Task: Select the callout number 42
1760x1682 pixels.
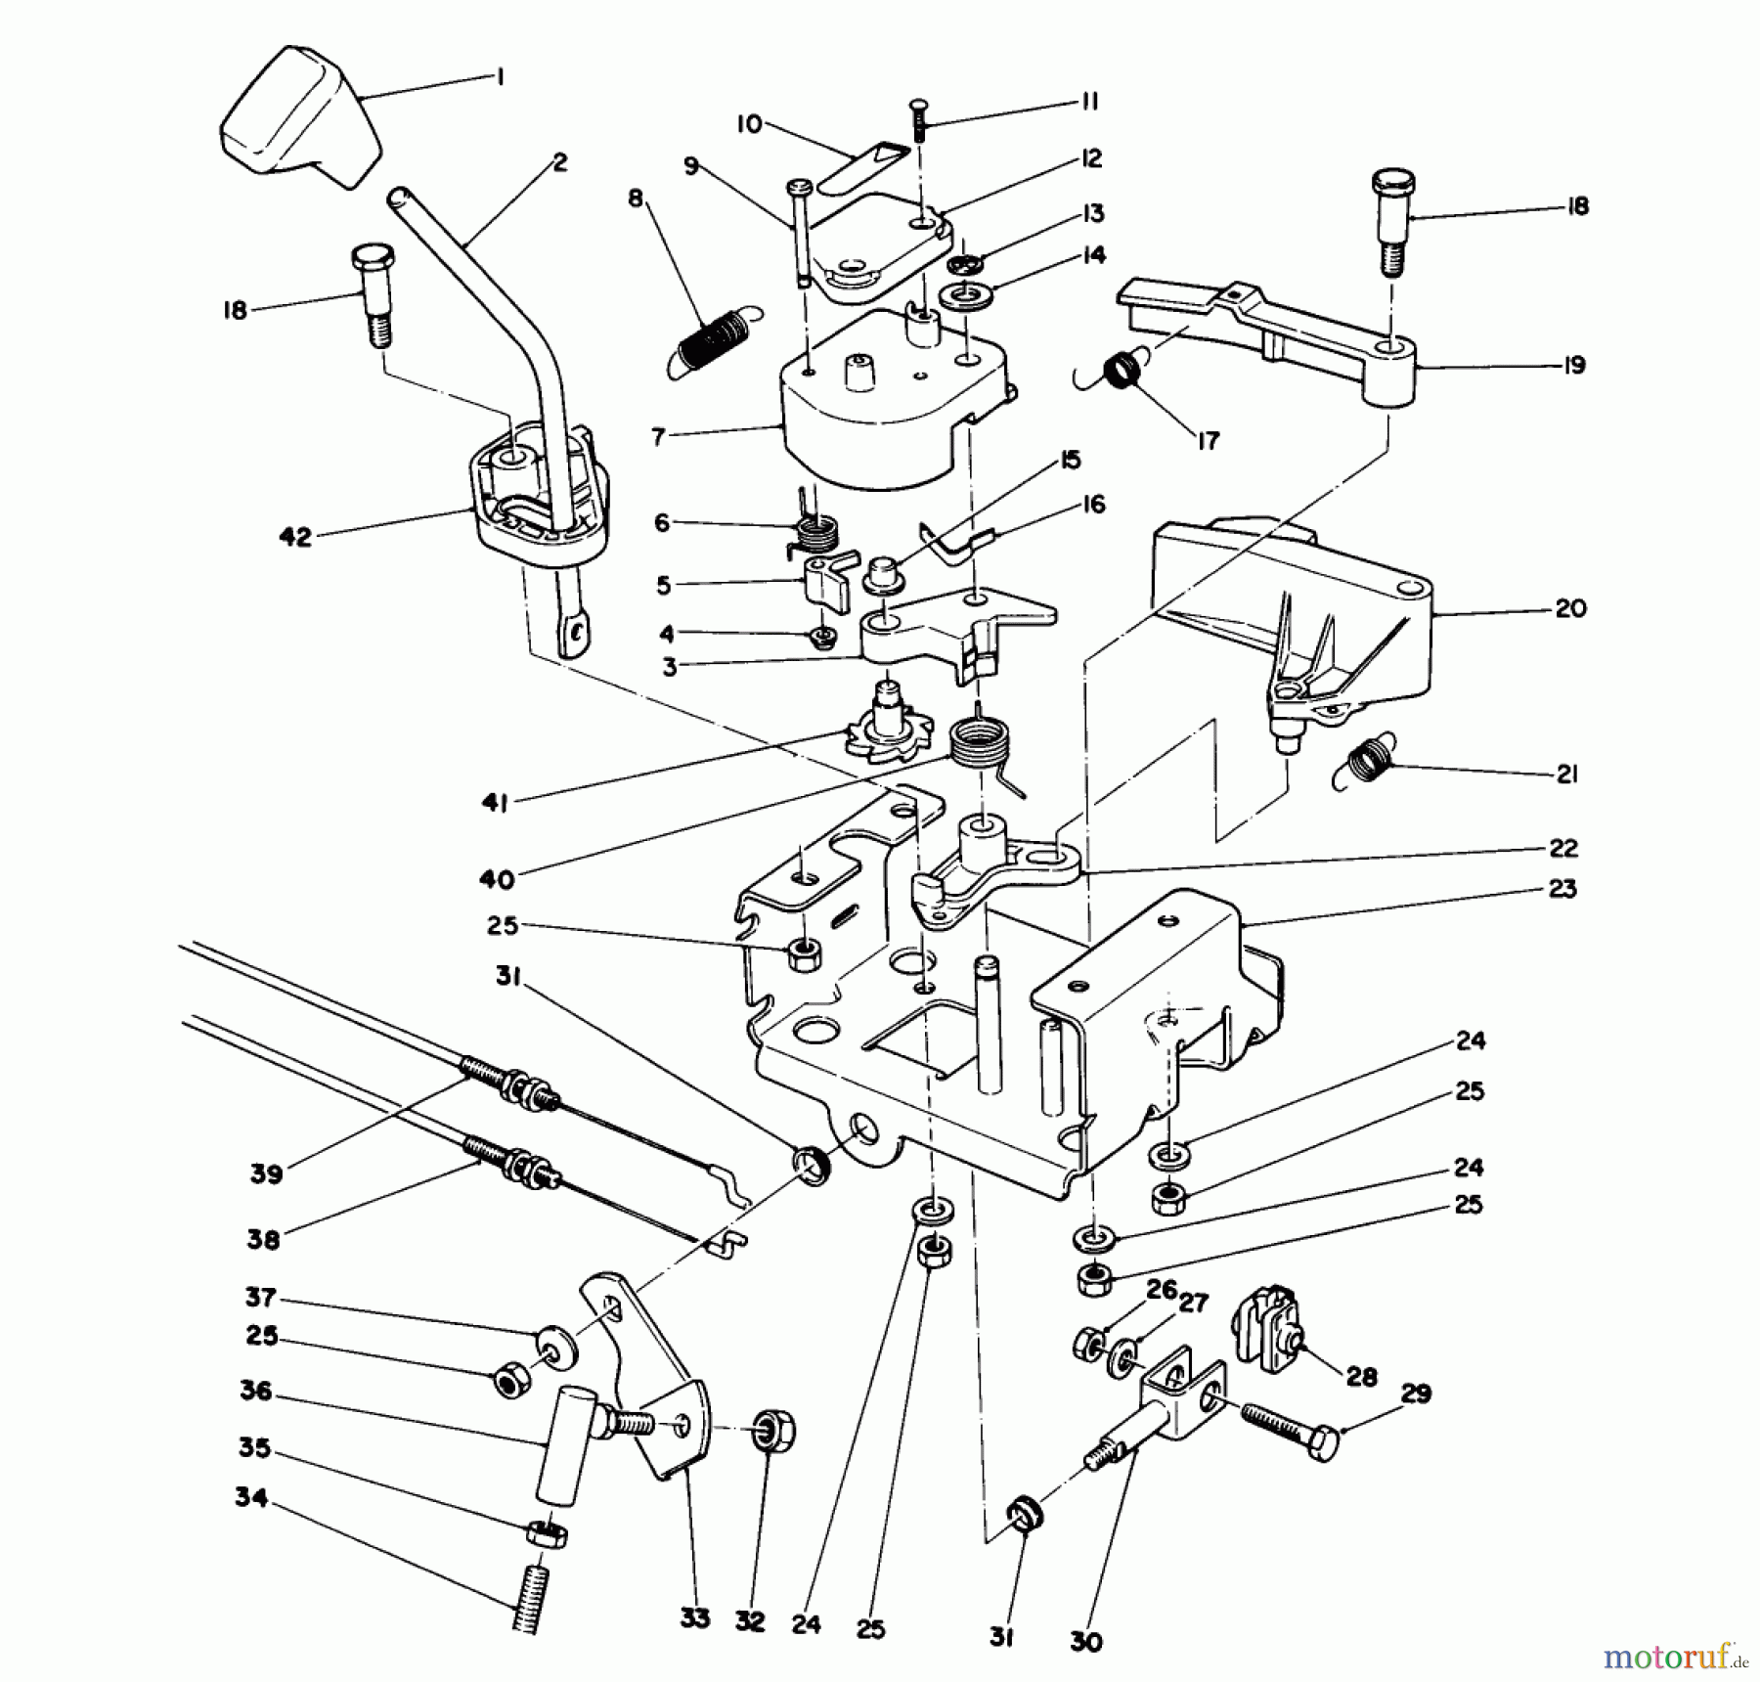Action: [x=294, y=536]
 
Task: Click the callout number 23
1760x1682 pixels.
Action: [x=1562, y=888]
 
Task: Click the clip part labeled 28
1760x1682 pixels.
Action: [x=1268, y=1327]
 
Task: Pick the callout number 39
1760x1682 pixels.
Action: [x=266, y=1173]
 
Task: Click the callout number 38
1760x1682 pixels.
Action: [x=264, y=1239]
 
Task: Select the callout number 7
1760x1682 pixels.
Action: [x=658, y=436]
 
